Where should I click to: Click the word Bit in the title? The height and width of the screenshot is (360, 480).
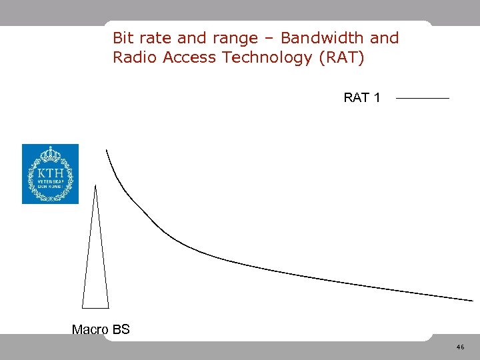pos(124,38)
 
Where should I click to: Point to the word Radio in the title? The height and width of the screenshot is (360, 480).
pos(134,57)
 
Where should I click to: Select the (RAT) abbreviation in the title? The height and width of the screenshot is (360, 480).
pos(342,58)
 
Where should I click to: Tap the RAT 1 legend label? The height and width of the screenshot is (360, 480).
pos(362,98)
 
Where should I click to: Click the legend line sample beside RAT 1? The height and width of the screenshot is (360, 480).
pos(422,99)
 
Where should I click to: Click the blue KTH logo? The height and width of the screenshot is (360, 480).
pos(50,174)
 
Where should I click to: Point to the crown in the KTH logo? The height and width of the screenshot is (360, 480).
pos(50,155)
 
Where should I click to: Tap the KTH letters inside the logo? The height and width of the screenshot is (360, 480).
pos(50,175)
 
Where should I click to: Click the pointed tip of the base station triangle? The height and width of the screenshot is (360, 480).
pos(96,186)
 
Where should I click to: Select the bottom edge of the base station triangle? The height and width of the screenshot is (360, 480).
pos(95,308)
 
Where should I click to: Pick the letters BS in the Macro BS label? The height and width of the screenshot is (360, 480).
pos(121,329)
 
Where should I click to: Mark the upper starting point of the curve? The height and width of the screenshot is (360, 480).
pos(106,151)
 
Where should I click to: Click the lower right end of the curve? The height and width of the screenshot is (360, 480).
pos(471,300)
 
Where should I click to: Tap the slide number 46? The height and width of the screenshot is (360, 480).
pos(460,347)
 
